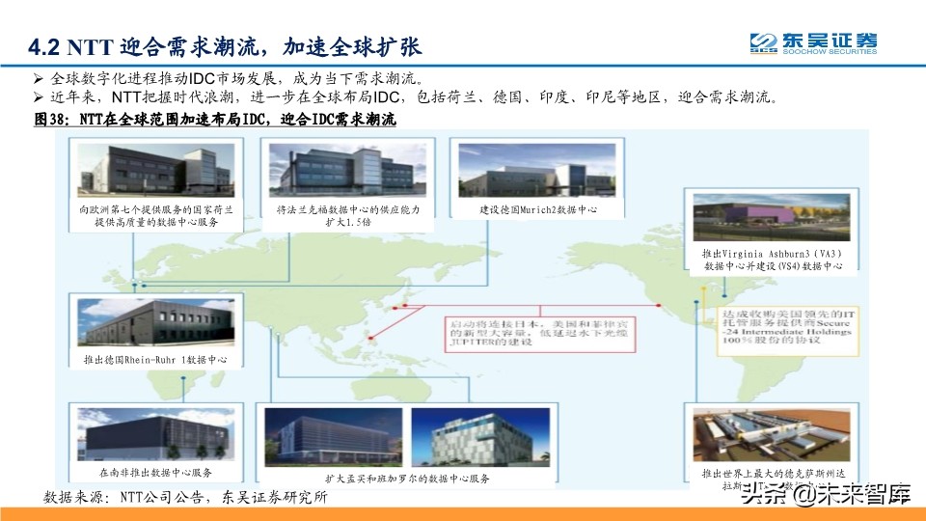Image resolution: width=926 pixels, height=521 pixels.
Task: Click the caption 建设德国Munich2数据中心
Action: tap(537, 209)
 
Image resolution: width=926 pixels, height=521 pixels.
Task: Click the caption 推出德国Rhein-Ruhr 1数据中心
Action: tap(155, 361)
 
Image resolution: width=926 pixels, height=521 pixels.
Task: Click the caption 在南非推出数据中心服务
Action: tap(155, 474)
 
